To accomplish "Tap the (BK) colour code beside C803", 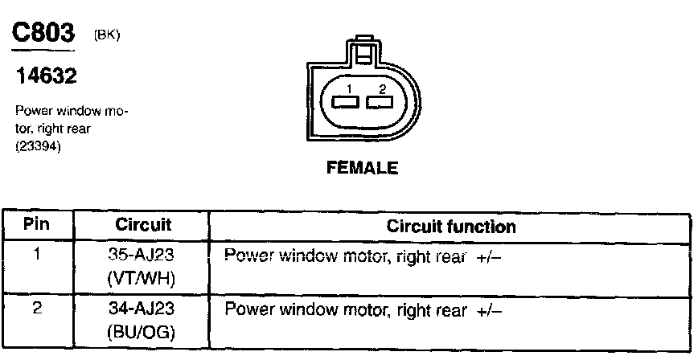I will [107, 36].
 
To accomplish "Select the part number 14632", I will [46, 77].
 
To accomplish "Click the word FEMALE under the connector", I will [361, 169].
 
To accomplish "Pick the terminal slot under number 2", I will [378, 102].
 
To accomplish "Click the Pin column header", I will [37, 225].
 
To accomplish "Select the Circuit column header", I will [143, 225].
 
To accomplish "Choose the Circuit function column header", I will [451, 227].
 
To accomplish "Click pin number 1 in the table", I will [37, 255].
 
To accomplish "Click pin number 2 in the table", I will [37, 306].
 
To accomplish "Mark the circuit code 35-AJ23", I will [142, 256].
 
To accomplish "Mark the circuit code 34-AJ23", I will [142, 308].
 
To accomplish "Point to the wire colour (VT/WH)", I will [142, 278].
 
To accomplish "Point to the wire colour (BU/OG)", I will [142, 329].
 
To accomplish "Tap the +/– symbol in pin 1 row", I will [490, 256].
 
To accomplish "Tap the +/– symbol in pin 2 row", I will [490, 308].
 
